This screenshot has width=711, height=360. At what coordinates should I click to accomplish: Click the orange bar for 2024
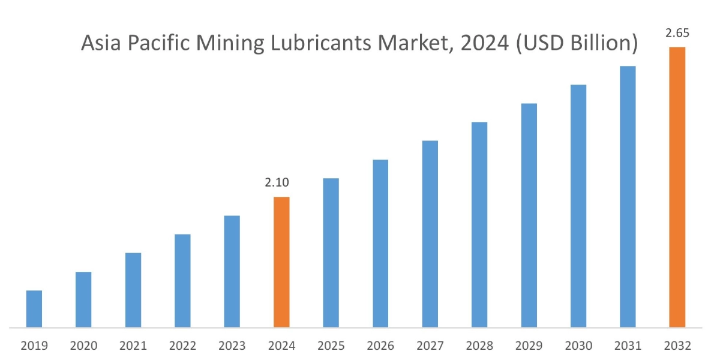point(281,262)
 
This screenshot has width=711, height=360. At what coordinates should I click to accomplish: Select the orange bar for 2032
point(677,187)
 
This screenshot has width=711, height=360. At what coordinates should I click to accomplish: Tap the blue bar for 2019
point(34,309)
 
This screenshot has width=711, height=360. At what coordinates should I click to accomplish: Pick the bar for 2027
point(430,234)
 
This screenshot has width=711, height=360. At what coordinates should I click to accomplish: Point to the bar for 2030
point(578,206)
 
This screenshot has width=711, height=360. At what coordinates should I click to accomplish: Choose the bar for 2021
point(133,290)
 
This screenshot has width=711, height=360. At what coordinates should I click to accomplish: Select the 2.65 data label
point(677,34)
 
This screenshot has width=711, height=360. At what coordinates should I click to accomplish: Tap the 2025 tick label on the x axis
point(331,346)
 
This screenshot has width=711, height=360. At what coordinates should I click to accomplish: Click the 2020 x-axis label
point(83,346)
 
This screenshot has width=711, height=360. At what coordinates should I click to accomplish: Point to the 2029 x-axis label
point(529,346)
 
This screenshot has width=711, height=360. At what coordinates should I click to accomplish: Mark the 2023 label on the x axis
point(232,346)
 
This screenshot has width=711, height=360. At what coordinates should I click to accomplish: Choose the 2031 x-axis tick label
point(628,346)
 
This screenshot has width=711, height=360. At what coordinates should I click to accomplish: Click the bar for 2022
point(182,281)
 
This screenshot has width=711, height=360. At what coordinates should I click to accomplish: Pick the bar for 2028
point(479,225)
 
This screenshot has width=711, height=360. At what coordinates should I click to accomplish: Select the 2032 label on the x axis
point(677,346)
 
